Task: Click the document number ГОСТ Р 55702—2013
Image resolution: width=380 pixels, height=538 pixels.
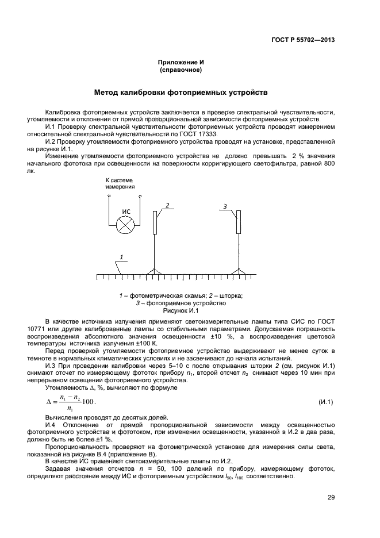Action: (x=303, y=40)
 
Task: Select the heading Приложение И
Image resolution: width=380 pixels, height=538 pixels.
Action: (x=181, y=62)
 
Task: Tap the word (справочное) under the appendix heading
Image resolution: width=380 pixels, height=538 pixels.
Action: (x=181, y=70)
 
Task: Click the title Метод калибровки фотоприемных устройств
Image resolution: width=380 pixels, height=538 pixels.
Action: (x=181, y=92)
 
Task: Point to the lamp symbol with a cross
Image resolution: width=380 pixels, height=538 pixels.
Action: (x=125, y=225)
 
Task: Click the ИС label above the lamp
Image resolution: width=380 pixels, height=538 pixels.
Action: (x=126, y=212)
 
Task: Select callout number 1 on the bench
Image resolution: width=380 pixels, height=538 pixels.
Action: (x=121, y=256)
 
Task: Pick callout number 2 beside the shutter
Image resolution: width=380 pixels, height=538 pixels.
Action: (x=167, y=205)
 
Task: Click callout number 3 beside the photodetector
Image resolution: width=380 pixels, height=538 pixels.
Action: (x=225, y=206)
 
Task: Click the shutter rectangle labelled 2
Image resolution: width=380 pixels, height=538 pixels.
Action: (x=155, y=222)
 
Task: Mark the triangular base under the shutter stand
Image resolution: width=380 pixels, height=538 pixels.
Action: (x=154, y=272)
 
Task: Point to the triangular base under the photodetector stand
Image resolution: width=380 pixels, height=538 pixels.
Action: (x=238, y=272)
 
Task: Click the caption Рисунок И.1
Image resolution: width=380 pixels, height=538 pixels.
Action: (x=181, y=310)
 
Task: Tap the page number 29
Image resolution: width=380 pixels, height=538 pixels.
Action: (x=331, y=498)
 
